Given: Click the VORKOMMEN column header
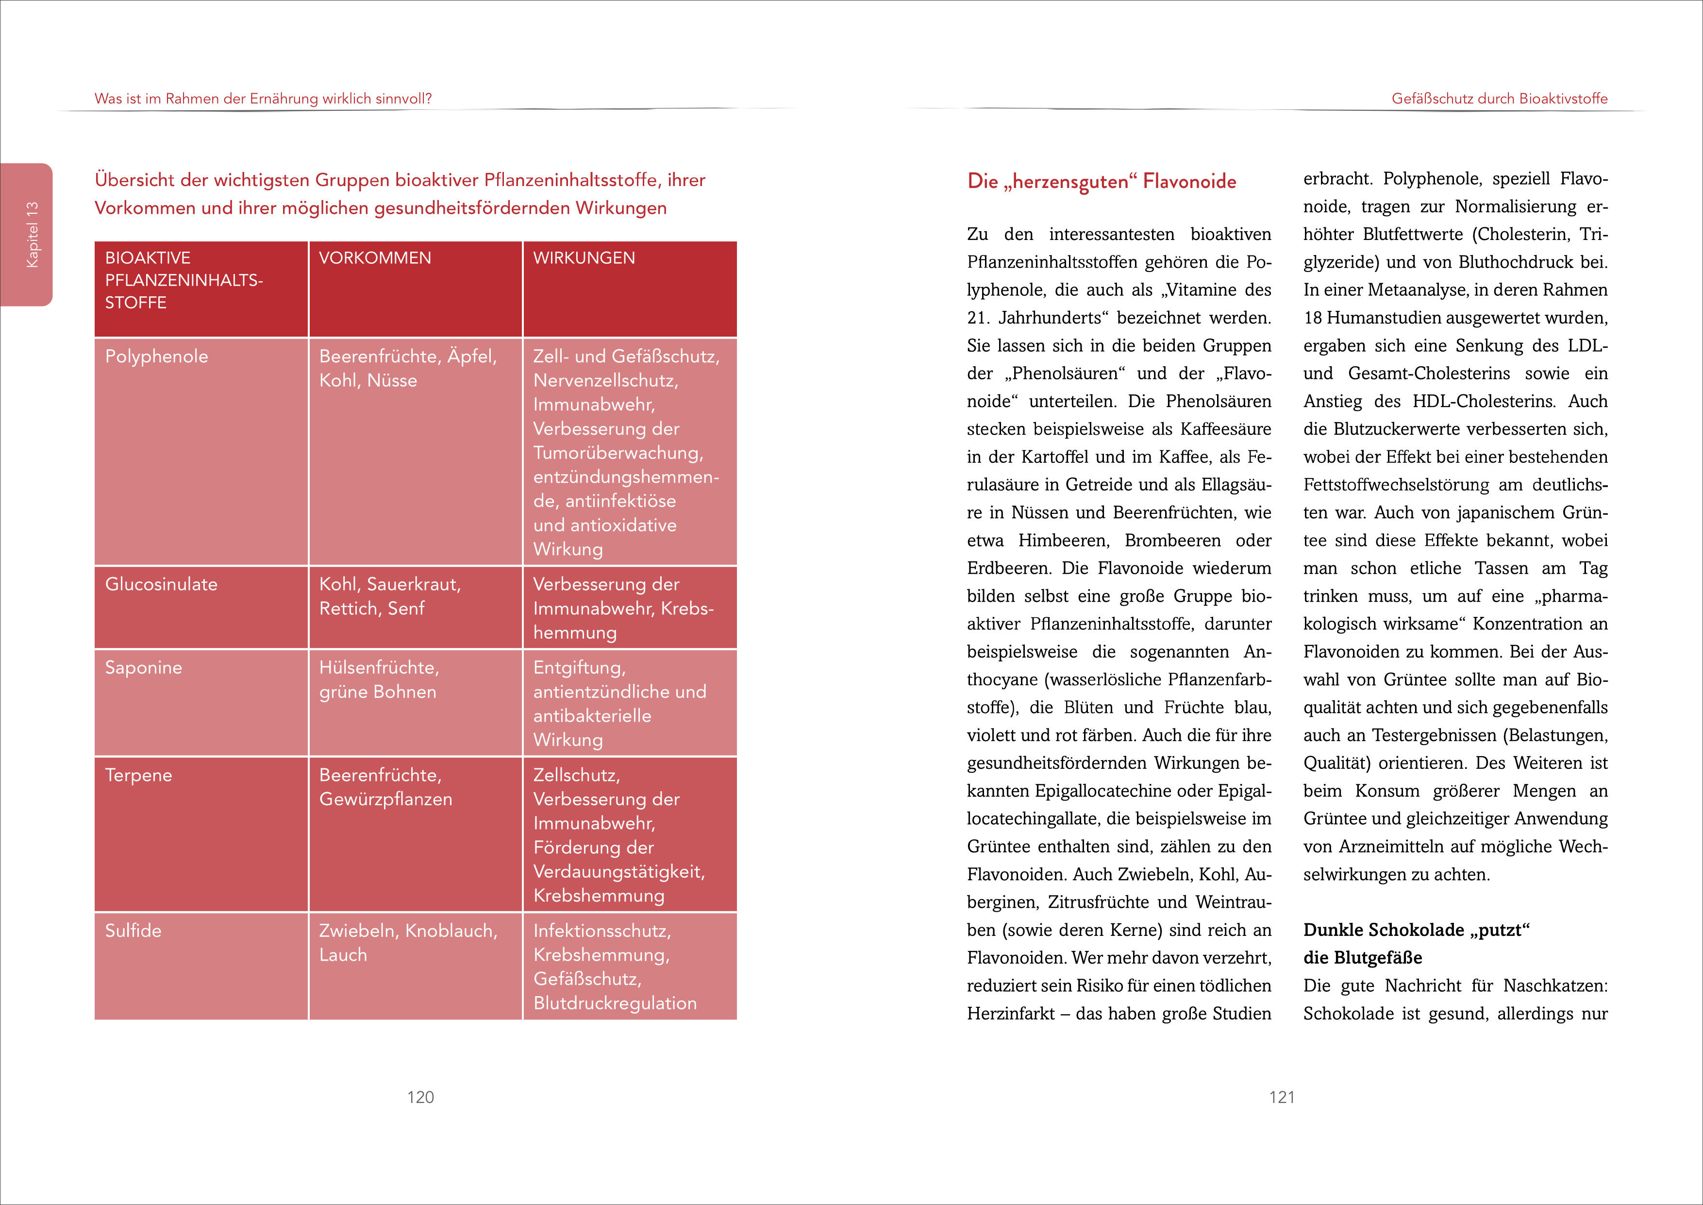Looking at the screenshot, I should (375, 258).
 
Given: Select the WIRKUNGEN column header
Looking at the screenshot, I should (584, 258).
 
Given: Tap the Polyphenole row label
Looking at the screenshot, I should (156, 357).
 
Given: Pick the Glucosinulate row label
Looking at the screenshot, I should (161, 585).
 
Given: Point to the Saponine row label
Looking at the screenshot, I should (143, 668).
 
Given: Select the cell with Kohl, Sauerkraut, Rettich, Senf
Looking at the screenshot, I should (389, 596).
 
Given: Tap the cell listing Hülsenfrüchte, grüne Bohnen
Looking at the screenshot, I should (378, 679).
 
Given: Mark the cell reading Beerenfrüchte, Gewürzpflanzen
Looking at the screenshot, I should (385, 787).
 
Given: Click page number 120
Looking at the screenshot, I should (420, 1097).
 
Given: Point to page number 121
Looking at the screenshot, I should (1282, 1097).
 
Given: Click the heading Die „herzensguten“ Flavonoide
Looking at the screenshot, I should (1102, 182).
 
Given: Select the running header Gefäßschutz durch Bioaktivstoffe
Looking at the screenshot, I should (1499, 99).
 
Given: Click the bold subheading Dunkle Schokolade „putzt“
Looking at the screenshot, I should (1417, 931).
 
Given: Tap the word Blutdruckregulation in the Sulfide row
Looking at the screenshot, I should (615, 1003).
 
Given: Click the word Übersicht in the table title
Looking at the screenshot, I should (134, 180).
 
